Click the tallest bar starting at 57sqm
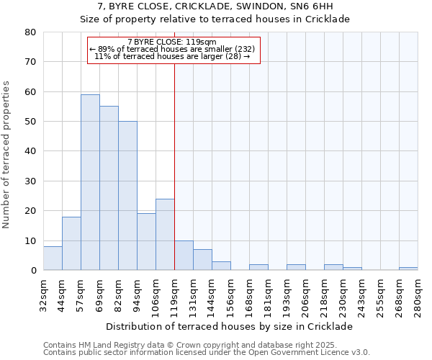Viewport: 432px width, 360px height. pyautogui.click(x=90, y=182)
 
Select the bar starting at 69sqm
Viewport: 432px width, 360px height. pyautogui.click(x=109, y=188)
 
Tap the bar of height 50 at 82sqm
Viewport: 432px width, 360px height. pyautogui.click(x=127, y=195)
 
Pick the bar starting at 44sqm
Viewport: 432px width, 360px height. pyautogui.click(x=71, y=243)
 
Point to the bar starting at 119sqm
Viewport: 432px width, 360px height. pyautogui.click(x=184, y=256)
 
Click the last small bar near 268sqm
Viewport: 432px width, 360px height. pyautogui.click(x=408, y=269)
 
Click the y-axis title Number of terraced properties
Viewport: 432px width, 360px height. pyautogui.click(x=7, y=154)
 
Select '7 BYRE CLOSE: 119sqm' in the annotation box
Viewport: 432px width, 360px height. pyautogui.click(x=171, y=42)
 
